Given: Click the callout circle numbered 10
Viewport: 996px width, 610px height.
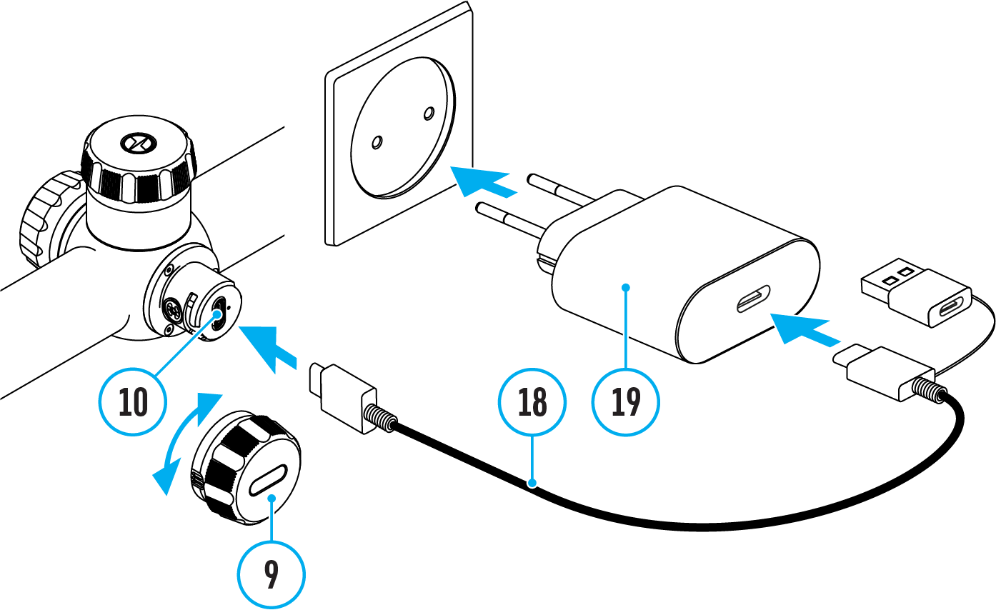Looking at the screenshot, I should [x=132, y=403].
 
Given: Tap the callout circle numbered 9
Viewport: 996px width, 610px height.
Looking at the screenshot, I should [x=272, y=575].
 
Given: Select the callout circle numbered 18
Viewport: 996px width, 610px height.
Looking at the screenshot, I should [x=532, y=403].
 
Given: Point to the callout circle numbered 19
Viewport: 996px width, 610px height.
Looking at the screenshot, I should [x=627, y=403].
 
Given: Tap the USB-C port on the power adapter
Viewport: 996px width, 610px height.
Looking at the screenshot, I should [x=754, y=299].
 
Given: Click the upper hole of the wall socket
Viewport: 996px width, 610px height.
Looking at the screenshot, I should [x=429, y=113].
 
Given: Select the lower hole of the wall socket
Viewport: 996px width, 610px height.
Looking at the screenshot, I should [x=376, y=144].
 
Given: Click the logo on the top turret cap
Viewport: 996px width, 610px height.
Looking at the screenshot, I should [x=134, y=143].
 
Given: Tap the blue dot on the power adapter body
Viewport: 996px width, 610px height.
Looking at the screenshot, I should [x=627, y=287].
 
